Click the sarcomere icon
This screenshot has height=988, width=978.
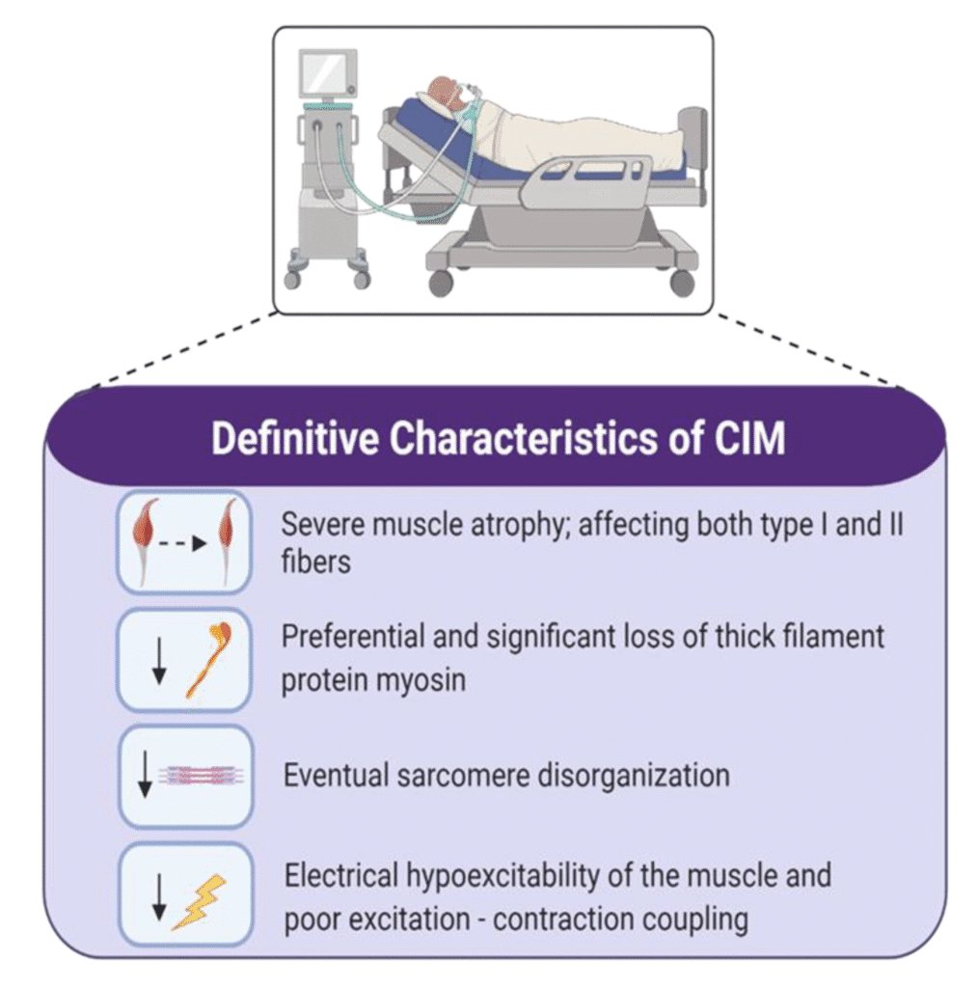pos(205,775)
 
